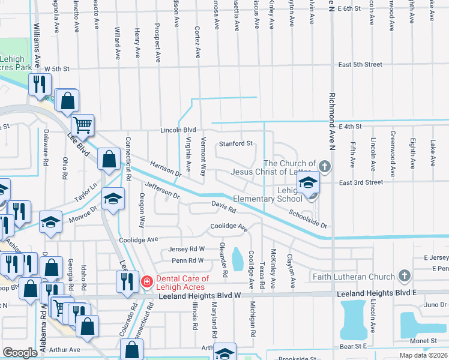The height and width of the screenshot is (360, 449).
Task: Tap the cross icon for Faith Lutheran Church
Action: pos(405,276)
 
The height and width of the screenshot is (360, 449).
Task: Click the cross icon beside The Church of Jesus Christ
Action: pos(325,166)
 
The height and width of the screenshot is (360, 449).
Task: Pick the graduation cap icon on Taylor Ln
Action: pos(112,199)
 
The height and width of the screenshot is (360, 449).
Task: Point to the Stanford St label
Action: pos(236,144)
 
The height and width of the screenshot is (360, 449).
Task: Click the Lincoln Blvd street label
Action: pos(178,130)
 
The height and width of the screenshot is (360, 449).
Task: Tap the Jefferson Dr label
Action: pos(161,191)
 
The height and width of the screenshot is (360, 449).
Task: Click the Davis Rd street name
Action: pos(223,207)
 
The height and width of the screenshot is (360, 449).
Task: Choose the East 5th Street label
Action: pos(360,64)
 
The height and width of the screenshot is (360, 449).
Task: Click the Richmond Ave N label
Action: pos(331,120)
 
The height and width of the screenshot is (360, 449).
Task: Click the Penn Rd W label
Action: pos(188,260)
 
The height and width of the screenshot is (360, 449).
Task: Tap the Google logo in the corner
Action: pos(20,353)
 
